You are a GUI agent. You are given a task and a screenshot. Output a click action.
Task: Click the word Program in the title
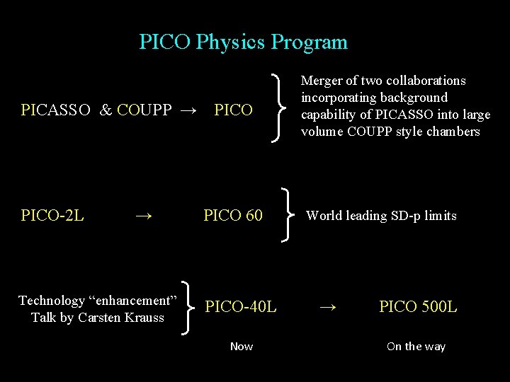click(x=310, y=42)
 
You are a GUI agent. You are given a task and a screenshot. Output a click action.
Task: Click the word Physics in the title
click(x=230, y=42)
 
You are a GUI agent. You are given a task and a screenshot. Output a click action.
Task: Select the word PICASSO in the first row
click(x=56, y=110)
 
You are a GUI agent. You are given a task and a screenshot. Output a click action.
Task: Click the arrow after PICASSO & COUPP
click(x=188, y=110)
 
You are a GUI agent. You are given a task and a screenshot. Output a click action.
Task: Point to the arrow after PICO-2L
click(x=144, y=216)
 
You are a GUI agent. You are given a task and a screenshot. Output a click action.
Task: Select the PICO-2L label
click(x=52, y=216)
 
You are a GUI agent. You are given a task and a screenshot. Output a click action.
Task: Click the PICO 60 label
click(x=233, y=216)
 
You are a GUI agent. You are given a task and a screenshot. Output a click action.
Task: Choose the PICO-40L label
click(x=241, y=307)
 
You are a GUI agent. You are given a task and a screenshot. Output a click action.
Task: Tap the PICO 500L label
click(x=418, y=307)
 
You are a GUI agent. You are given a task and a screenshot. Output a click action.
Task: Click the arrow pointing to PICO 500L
click(x=327, y=307)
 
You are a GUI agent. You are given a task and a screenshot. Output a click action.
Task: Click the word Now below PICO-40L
click(x=242, y=347)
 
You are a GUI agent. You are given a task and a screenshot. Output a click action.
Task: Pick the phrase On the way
click(x=416, y=347)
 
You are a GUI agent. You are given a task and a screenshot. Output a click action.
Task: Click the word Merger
click(x=323, y=81)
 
